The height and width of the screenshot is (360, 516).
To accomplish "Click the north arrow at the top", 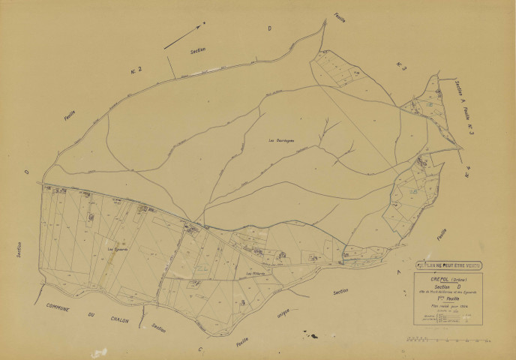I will pyautogui.click(x=184, y=34).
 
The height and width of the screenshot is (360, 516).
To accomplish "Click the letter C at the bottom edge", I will pyautogui.click(x=200, y=349).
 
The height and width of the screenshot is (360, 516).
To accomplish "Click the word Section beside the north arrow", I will pyautogui.click(x=198, y=50).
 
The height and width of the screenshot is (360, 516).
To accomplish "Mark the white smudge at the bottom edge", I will pyautogui.click(x=97, y=352).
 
